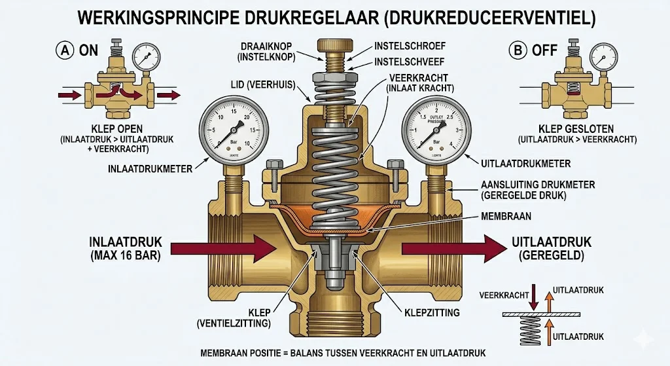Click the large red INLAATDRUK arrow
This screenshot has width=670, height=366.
(222, 249)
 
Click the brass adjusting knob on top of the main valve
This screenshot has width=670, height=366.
(334, 46)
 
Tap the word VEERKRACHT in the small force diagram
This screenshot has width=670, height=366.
(504, 295)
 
